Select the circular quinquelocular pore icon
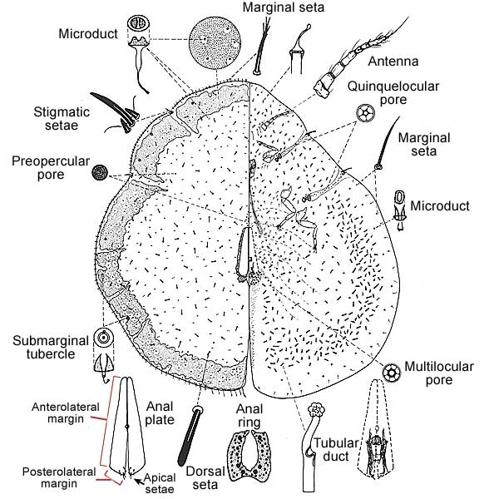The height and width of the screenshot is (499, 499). coord(363,112)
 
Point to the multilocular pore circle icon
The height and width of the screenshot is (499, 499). coord(392,370)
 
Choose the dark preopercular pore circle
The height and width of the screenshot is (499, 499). coord(100,173)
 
